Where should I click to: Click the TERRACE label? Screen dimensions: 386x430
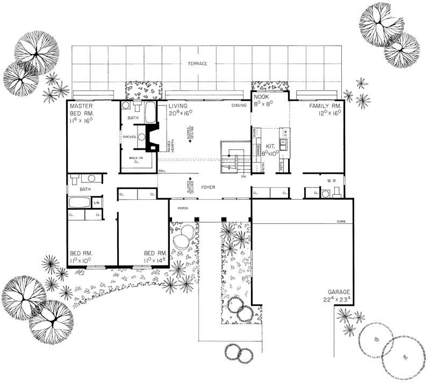click(x=197, y=64)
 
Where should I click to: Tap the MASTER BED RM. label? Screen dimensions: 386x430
click(x=82, y=110)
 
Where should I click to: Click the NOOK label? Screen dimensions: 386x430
click(x=262, y=98)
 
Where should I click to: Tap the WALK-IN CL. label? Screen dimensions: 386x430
click(x=135, y=160)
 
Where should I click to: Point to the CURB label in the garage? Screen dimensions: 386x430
click(x=340, y=222)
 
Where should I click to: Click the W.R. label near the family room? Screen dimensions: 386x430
click(x=332, y=181)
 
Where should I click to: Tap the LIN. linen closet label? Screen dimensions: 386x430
click(x=97, y=202)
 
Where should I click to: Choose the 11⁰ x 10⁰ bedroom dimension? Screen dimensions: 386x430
click(x=82, y=260)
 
